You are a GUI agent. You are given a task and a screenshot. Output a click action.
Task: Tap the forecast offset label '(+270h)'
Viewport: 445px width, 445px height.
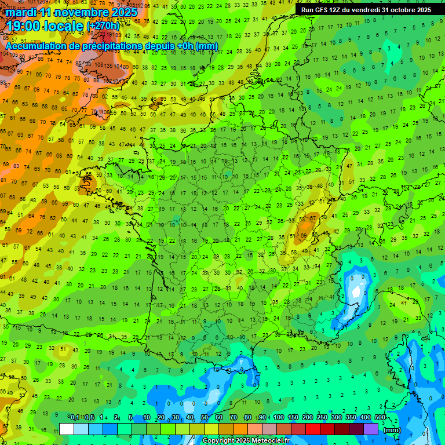coord(103,26)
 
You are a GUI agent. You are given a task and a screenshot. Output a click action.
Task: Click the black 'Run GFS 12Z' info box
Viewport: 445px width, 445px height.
coord(366,10)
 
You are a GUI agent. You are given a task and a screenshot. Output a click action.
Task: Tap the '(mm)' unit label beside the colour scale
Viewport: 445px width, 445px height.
coord(392,430)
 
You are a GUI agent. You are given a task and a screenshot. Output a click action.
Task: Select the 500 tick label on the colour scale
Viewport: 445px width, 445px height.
coord(380,418)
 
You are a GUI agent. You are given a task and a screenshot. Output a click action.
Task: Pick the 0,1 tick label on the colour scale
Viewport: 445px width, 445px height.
coord(75,418)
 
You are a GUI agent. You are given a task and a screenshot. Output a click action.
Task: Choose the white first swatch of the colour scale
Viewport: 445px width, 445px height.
coord(67,429)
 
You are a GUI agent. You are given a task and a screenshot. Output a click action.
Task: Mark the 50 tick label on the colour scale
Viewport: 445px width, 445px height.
coord(205,418)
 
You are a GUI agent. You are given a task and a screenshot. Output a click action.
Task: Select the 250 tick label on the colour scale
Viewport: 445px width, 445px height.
coord(322,418)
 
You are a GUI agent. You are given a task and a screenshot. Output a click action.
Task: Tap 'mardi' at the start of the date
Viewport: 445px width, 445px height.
coord(20,12)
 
